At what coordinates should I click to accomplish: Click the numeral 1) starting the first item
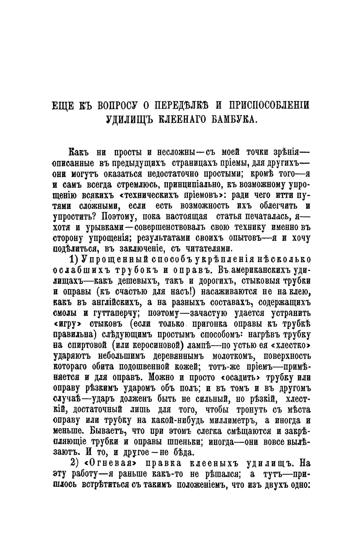(77, 259)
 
